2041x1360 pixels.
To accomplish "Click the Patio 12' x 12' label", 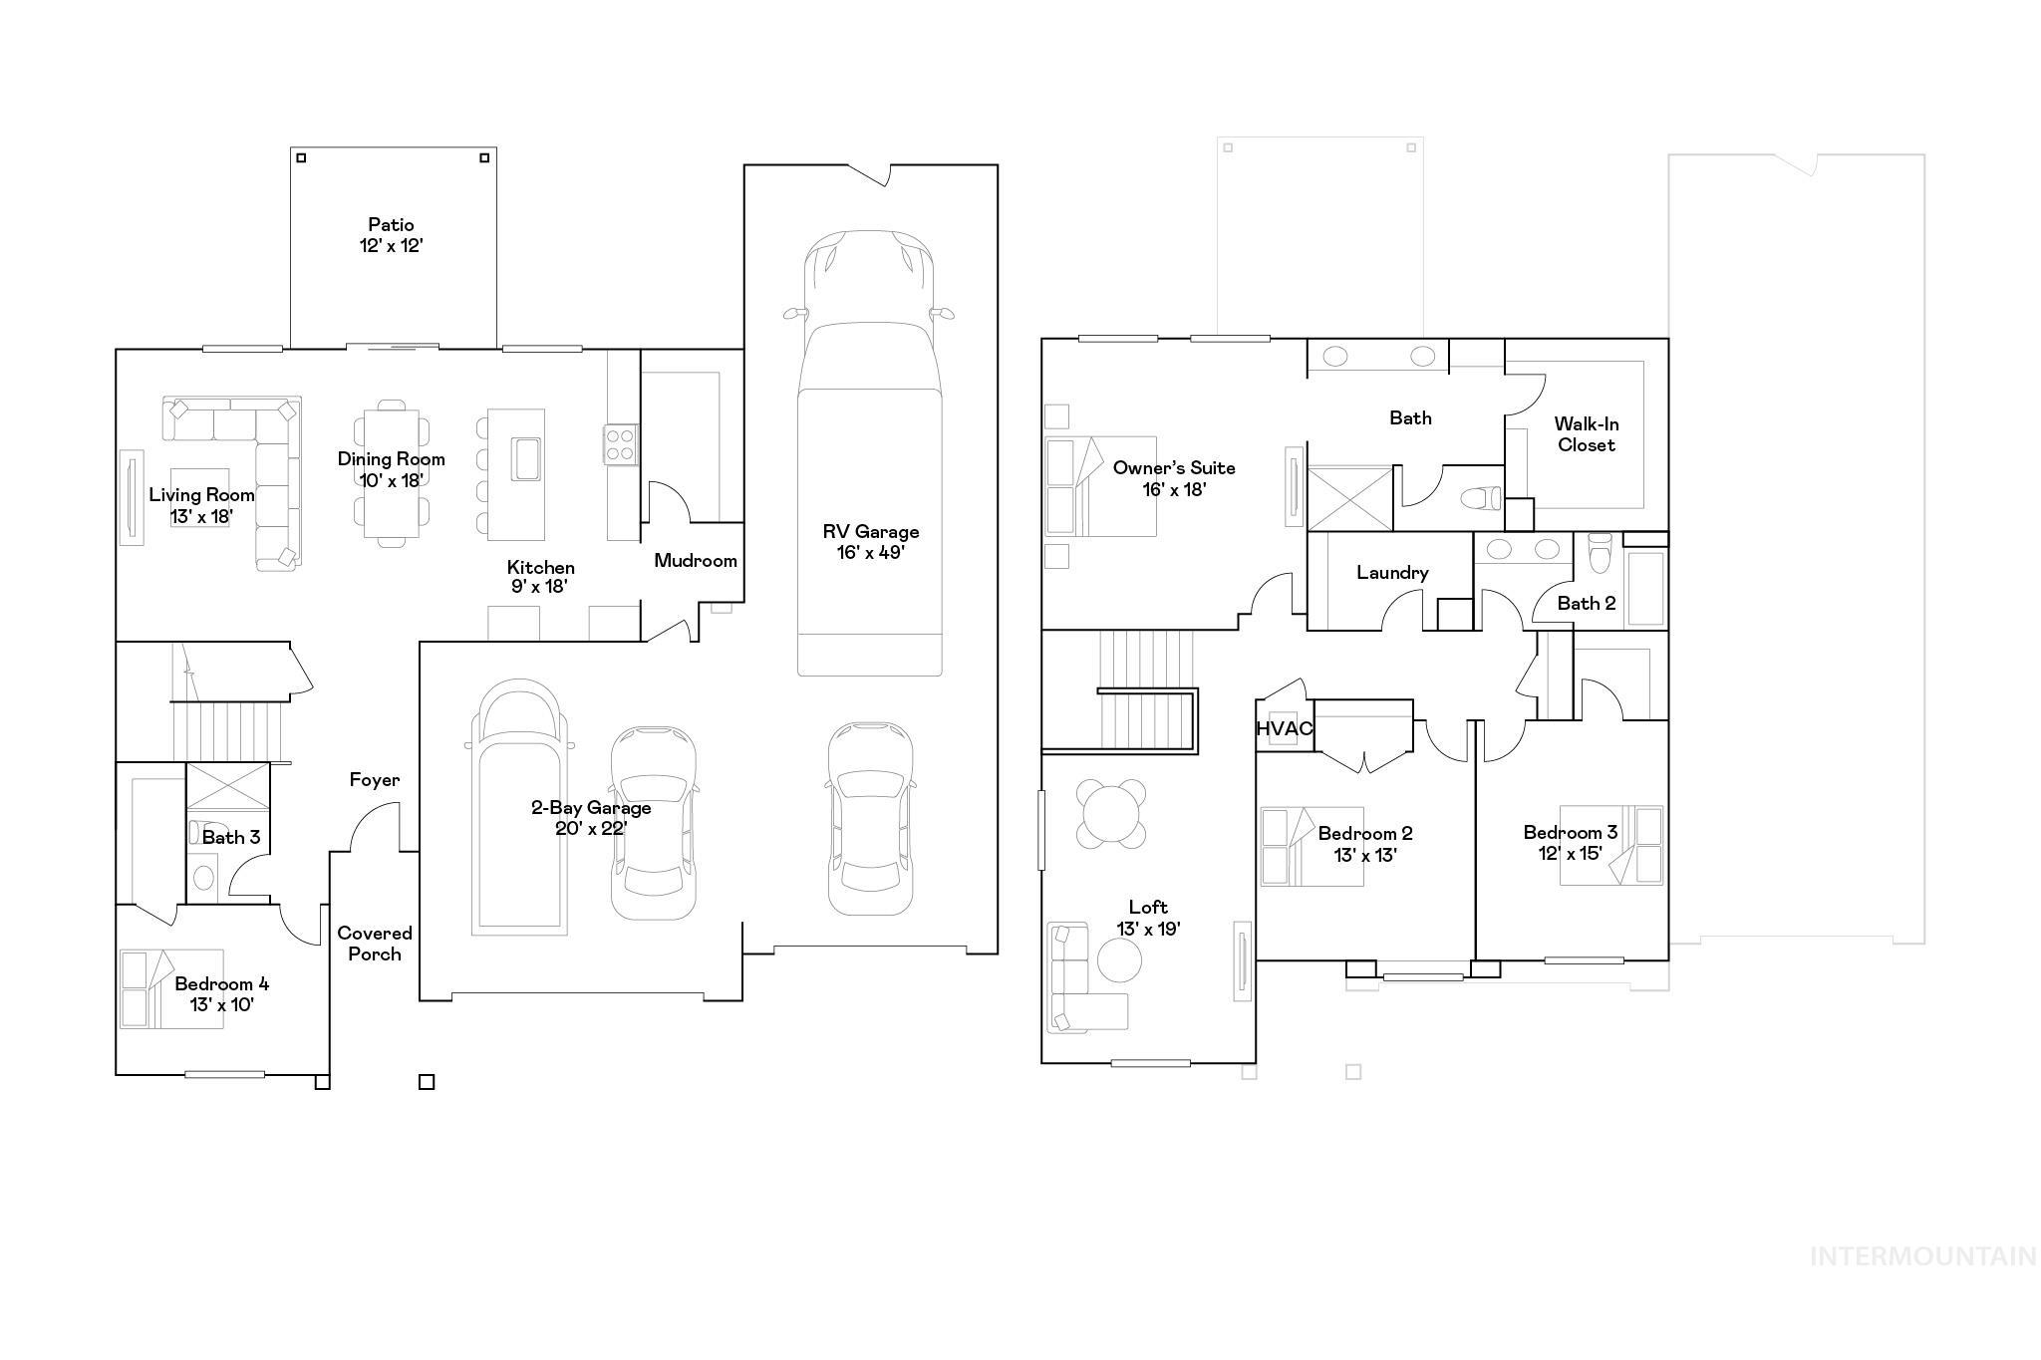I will (391, 235).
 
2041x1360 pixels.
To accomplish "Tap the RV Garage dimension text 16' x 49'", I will (870, 553).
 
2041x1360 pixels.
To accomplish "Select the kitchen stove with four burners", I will (619, 443).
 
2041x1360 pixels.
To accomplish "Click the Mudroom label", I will (696, 561).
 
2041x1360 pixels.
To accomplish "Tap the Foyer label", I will (374, 780).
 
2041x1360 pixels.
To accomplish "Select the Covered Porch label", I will (374, 944).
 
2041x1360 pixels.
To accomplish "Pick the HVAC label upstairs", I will (1284, 728).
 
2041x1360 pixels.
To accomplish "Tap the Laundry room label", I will (1392, 573).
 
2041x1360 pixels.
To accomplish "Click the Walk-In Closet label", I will (1586, 435).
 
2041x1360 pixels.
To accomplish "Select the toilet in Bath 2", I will (1600, 552).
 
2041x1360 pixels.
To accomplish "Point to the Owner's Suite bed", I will (1100, 486).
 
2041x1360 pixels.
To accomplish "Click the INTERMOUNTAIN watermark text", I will (1922, 1256).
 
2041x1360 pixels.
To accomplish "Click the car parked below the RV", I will (870, 819).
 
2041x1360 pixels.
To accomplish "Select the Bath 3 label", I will (231, 837).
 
